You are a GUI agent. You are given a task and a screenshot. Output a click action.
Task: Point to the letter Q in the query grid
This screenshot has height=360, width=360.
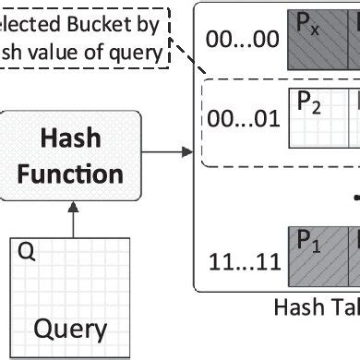[x=28, y=252]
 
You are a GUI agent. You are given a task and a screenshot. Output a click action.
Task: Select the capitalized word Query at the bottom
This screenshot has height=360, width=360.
[x=70, y=328]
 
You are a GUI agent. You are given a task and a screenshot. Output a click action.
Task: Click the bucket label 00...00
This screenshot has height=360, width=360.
[x=240, y=40]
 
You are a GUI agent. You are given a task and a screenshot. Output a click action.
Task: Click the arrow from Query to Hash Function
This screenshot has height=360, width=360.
[x=70, y=217]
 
